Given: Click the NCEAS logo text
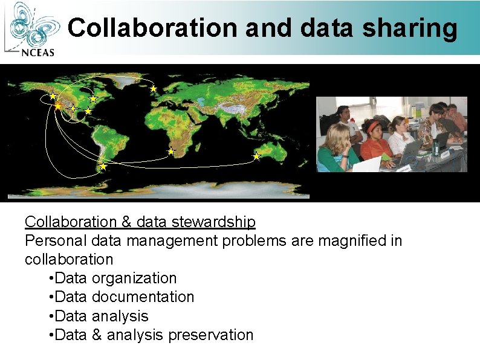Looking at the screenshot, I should [x=37, y=52].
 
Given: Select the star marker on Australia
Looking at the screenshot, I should [x=256, y=156].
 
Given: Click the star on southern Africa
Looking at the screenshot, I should [x=171, y=151].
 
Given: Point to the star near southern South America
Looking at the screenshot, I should [x=103, y=166].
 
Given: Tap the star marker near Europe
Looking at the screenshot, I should [x=154, y=89].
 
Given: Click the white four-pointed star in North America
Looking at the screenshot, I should [x=73, y=109].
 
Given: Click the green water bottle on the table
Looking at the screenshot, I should [x=436, y=147].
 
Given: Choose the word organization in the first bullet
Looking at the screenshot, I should [x=134, y=278].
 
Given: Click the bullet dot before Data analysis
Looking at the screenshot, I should [x=51, y=316].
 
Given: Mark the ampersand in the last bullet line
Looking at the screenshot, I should [x=97, y=335].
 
